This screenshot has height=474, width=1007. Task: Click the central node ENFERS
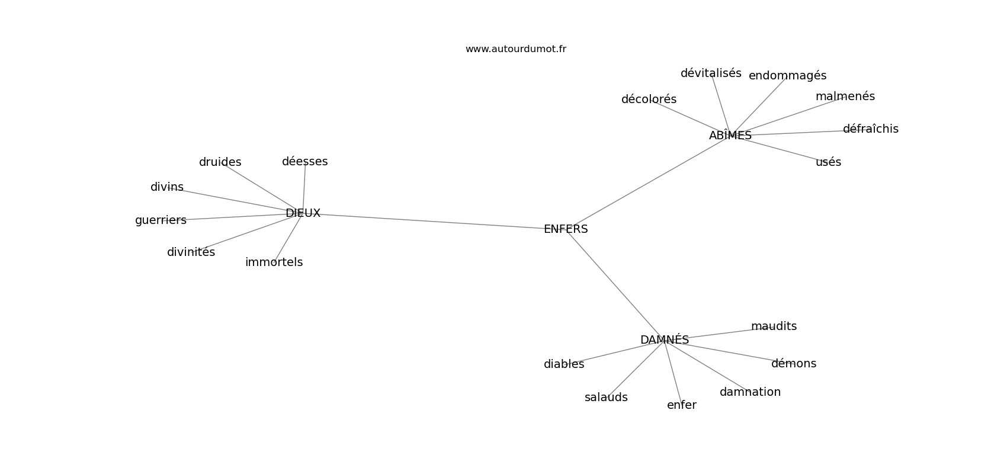[x=566, y=229]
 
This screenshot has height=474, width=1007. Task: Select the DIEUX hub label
[x=303, y=213]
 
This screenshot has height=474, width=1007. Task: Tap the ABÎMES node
[x=730, y=135]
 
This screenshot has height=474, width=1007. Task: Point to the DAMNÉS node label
[x=665, y=340]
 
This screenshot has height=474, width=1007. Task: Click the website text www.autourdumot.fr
[x=515, y=49]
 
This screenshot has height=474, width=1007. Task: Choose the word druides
[x=220, y=162]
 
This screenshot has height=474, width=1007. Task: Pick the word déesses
[x=305, y=161]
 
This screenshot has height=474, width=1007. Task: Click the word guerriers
[x=161, y=220]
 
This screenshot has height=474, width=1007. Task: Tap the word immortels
[x=274, y=262]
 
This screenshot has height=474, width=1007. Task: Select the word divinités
[x=191, y=252]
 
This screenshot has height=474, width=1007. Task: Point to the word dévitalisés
[x=711, y=73]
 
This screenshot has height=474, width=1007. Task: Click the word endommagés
[x=787, y=76]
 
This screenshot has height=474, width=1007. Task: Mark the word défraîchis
[x=870, y=129]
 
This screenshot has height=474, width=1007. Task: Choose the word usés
[x=828, y=162]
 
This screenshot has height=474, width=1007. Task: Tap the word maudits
[x=774, y=326]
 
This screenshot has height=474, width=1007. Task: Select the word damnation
[x=750, y=392]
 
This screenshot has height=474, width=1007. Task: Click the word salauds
[x=606, y=398]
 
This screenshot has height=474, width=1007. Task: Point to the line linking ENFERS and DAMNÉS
[x=615, y=284]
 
